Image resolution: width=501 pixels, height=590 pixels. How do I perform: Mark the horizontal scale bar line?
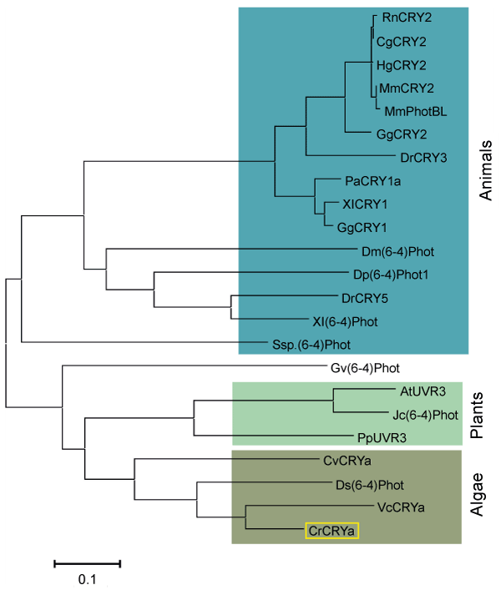tap(88, 563)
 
